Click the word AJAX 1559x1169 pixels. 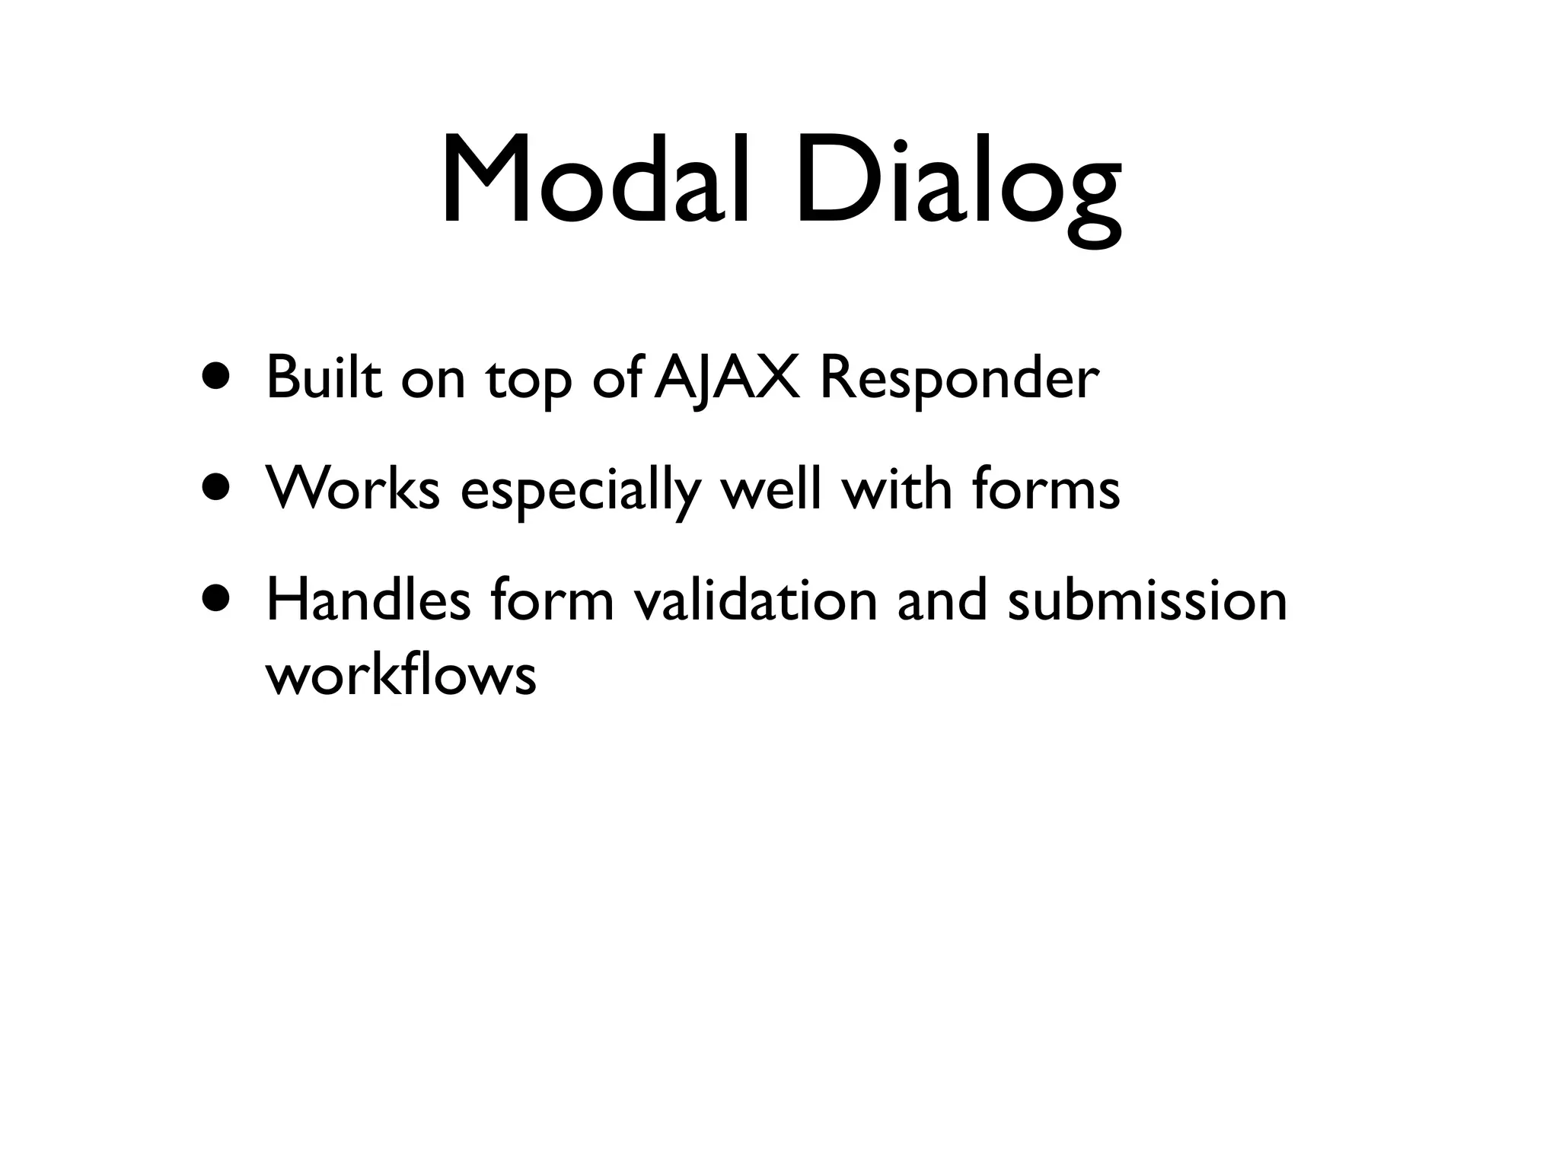pyautogui.click(x=727, y=378)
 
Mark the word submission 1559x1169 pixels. pyautogui.click(x=1147, y=599)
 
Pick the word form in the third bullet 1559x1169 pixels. pyautogui.click(x=552, y=599)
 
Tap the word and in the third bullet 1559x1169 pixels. pyautogui.click(x=942, y=599)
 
